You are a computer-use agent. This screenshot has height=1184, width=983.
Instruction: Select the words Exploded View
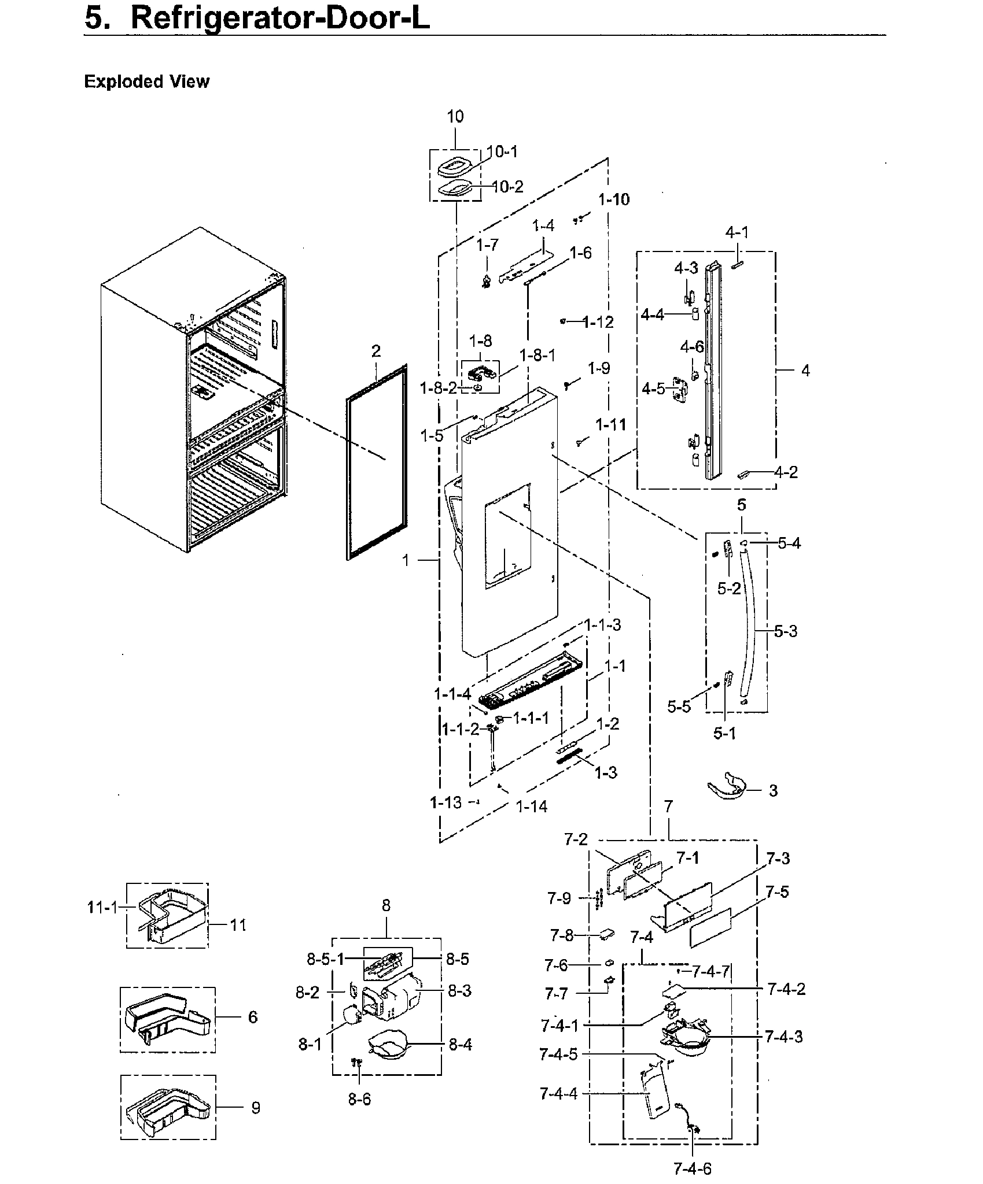[146, 82]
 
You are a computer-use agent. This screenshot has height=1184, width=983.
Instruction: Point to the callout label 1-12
[598, 323]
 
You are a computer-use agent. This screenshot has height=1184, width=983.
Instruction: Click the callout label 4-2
[786, 472]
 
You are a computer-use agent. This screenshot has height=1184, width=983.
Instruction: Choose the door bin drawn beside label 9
[167, 1109]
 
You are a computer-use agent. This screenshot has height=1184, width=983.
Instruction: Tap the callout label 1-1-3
[602, 626]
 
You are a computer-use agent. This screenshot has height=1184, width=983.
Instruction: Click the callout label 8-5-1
[325, 960]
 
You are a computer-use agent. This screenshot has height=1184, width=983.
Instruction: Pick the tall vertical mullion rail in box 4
[712, 370]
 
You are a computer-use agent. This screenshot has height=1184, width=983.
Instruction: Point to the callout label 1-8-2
[438, 388]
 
